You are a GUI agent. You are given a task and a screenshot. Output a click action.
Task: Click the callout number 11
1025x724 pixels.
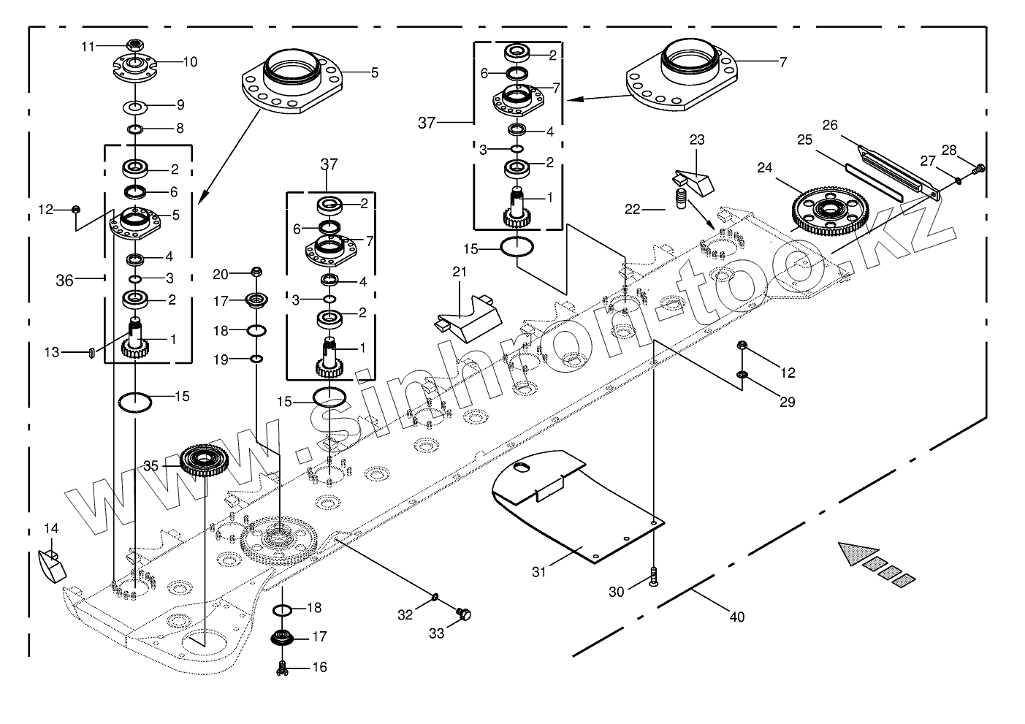click(x=88, y=47)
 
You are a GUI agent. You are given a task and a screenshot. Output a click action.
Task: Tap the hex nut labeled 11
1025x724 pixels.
click(x=134, y=45)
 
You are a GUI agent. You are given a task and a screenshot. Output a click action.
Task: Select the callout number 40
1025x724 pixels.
click(x=737, y=617)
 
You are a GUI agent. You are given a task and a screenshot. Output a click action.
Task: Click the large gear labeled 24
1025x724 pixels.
click(x=827, y=210)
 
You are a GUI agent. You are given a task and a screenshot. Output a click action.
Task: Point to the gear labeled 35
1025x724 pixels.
click(x=205, y=462)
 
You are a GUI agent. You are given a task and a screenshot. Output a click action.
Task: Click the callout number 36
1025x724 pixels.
click(x=65, y=280)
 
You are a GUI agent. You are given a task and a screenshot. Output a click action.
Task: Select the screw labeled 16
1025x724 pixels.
click(x=282, y=666)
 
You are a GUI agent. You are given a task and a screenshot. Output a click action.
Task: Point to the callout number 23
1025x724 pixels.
click(x=697, y=139)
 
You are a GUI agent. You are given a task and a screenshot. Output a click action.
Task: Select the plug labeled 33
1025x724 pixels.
click(x=462, y=615)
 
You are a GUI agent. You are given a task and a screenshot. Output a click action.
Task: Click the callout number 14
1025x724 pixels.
click(x=50, y=528)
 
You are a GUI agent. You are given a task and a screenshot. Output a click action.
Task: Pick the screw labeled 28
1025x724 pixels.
click(x=978, y=169)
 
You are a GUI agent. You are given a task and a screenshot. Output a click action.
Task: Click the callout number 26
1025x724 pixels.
click(x=830, y=125)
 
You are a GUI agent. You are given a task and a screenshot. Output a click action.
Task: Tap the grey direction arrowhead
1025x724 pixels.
click(x=852, y=553)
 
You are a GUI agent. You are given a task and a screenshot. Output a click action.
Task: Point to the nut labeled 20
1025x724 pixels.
click(x=256, y=273)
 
